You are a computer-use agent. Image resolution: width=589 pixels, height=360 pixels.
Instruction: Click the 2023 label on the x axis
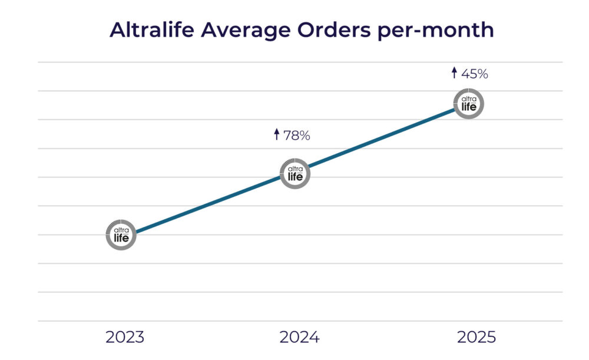(x=125, y=338)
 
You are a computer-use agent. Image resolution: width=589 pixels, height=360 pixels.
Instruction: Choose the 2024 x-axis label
(x=299, y=338)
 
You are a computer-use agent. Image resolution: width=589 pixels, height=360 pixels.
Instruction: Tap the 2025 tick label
(x=477, y=338)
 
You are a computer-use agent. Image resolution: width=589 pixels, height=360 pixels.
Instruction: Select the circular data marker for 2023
(x=121, y=234)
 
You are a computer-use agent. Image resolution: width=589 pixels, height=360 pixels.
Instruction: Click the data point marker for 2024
(x=294, y=173)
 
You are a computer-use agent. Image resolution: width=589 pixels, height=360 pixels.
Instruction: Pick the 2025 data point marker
(x=469, y=103)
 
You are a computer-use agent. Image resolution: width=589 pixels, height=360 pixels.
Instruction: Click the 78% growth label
(x=296, y=136)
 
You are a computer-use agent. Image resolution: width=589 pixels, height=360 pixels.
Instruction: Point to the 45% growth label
(x=475, y=74)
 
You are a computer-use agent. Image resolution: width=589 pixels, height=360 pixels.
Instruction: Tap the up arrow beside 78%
(x=276, y=135)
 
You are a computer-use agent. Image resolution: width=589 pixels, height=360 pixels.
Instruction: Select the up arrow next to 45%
(x=454, y=73)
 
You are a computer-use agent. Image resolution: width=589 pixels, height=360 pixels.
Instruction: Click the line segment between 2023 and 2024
(x=207, y=204)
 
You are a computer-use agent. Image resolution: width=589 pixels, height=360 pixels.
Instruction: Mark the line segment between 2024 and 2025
(x=382, y=138)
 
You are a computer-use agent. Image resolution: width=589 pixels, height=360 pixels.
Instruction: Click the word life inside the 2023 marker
(x=121, y=237)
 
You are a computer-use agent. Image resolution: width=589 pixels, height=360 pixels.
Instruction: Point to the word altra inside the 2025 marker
(x=469, y=99)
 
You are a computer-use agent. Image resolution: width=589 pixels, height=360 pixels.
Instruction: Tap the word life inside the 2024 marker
(x=294, y=177)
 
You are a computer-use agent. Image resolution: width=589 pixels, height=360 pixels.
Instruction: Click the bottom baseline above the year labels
(x=300, y=321)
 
